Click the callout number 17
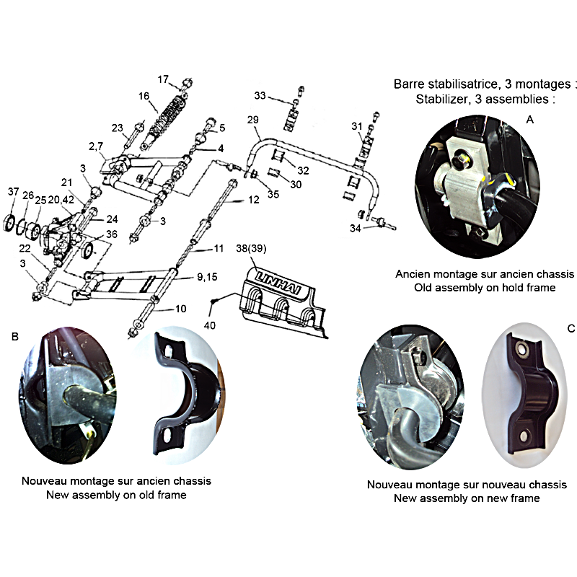tap(163, 79)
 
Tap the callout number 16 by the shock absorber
tap(144, 96)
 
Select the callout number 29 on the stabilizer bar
tap(253, 120)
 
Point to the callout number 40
tap(210, 325)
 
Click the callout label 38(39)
tap(251, 249)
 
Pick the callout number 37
tap(13, 191)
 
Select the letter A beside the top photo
tap(530, 120)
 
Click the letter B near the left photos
tap(15, 337)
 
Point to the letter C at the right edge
tap(571, 328)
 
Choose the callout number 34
tap(355, 229)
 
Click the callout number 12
tap(254, 200)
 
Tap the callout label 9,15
tap(207, 277)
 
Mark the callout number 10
tap(181, 309)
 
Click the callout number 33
tap(260, 96)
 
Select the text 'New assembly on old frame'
tap(116, 495)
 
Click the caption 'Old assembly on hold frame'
tap(485, 287)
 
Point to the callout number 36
tap(112, 234)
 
